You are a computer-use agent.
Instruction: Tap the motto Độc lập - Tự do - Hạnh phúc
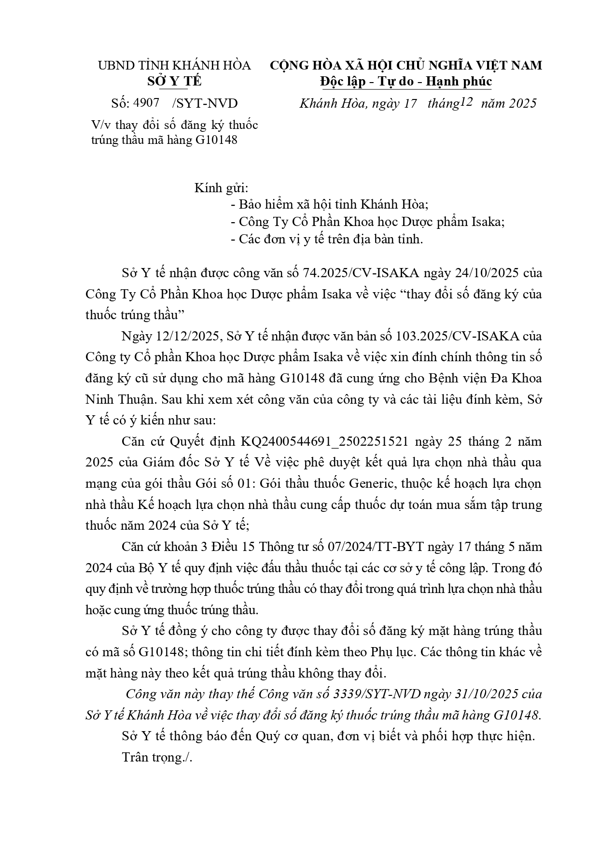click(405, 81)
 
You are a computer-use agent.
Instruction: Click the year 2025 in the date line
click(520, 103)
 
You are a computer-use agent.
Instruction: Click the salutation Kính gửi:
click(221, 188)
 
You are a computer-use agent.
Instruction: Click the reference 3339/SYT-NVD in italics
click(377, 694)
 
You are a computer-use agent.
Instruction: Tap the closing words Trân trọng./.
click(157, 757)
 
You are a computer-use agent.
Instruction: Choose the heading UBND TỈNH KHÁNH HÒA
click(174, 65)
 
